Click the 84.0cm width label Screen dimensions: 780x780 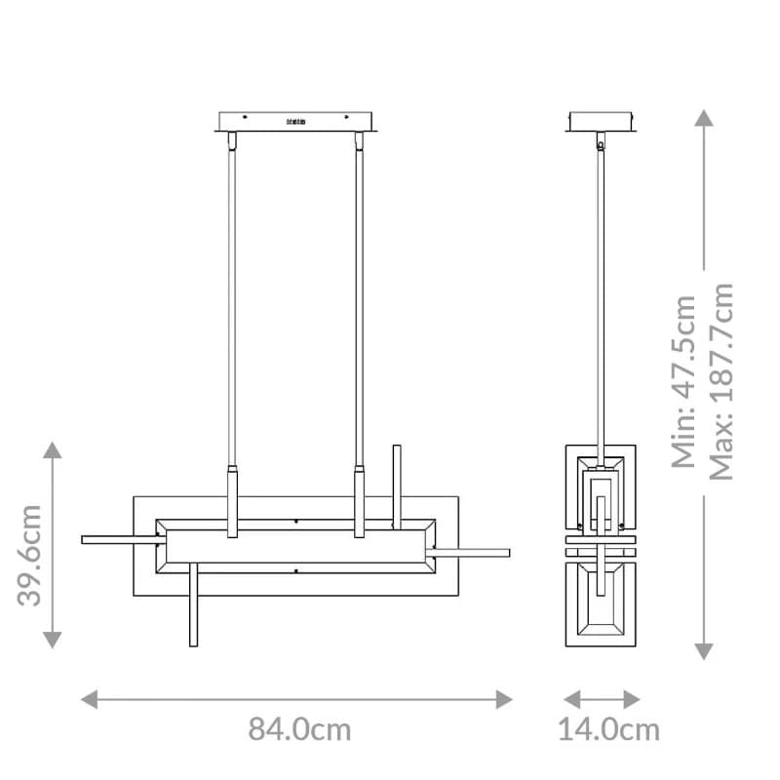coord(298,729)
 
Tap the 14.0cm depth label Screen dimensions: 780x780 coord(608,729)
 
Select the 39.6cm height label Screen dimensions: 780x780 coord(31,555)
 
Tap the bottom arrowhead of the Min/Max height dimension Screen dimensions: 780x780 coord(703,650)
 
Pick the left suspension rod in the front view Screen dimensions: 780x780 coord(232,302)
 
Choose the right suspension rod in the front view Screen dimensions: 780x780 coord(359,302)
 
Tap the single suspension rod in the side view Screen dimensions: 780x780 coord(600,292)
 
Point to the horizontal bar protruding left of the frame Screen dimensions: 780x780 coord(112,538)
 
